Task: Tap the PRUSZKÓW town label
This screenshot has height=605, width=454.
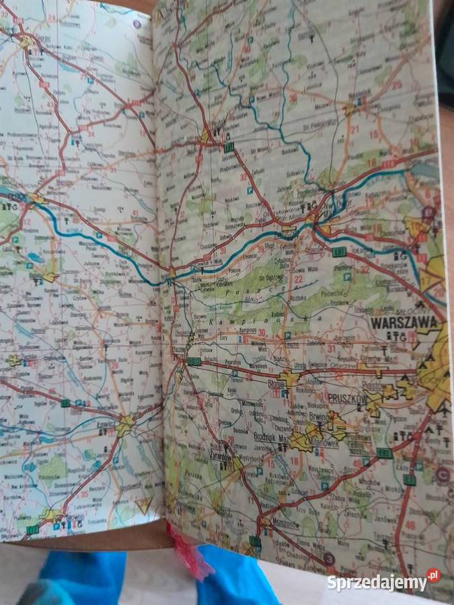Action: [346, 398]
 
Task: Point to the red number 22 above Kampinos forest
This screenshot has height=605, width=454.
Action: [297, 279]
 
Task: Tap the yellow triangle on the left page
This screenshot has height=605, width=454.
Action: [143, 505]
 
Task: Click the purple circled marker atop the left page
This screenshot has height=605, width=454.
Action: [137, 24]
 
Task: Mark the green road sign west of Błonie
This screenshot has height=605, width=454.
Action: [195, 362]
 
